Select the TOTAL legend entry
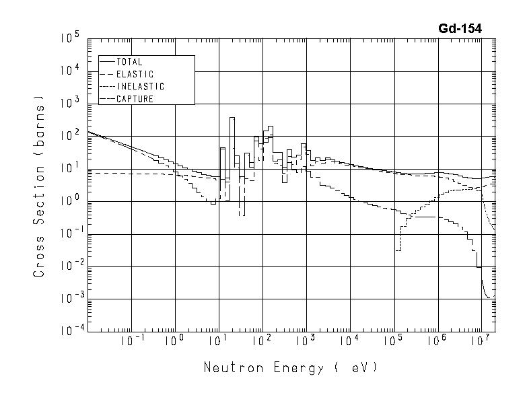click(x=129, y=62)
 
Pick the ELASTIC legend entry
click(x=135, y=74)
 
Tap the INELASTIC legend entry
click(x=140, y=87)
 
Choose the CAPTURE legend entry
click(x=135, y=99)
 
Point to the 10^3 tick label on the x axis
click(x=306, y=342)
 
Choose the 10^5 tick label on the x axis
click(x=393, y=342)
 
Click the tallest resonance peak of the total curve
click(x=232, y=118)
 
